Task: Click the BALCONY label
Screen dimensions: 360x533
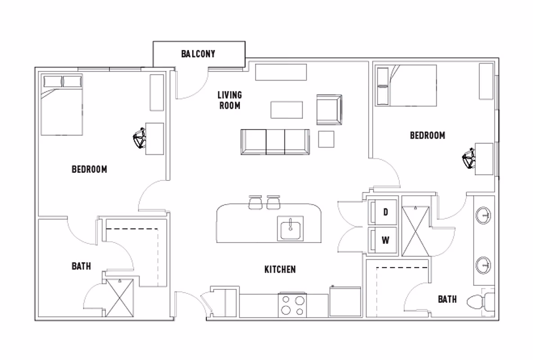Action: [x=198, y=54]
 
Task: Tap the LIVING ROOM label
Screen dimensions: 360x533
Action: [x=230, y=100]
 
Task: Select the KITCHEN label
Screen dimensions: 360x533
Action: [x=280, y=270]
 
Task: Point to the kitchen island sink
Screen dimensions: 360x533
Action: [x=290, y=228]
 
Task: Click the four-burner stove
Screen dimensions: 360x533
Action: [x=293, y=305]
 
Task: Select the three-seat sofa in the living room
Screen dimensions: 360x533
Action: [x=275, y=142]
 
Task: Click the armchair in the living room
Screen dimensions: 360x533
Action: [x=329, y=109]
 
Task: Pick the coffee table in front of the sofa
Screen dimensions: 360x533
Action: [x=287, y=110]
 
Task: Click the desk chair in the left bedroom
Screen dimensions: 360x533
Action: [x=140, y=138]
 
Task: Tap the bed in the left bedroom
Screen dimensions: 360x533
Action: [x=62, y=105]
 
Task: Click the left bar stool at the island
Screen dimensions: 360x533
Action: [x=255, y=202]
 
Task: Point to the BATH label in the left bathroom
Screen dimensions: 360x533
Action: [x=81, y=266]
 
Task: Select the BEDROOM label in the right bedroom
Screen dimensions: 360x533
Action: [x=427, y=135]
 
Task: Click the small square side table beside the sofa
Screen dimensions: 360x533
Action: [x=326, y=139]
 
